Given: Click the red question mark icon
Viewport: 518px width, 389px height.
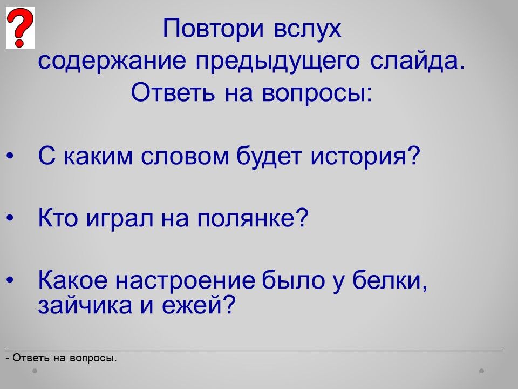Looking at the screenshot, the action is [x=20, y=28].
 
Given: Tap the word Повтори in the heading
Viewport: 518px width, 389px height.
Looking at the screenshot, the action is [x=214, y=28].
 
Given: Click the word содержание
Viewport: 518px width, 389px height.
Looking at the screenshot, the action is [x=112, y=62].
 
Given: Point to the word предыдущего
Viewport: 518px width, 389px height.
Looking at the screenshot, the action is [x=277, y=62].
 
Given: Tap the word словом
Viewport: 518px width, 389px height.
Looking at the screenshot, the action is [x=185, y=156].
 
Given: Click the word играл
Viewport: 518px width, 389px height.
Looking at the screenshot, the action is [x=120, y=219].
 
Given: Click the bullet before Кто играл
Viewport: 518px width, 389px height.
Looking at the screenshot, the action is [x=10, y=218].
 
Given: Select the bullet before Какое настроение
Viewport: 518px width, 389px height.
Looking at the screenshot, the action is [x=10, y=280].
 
